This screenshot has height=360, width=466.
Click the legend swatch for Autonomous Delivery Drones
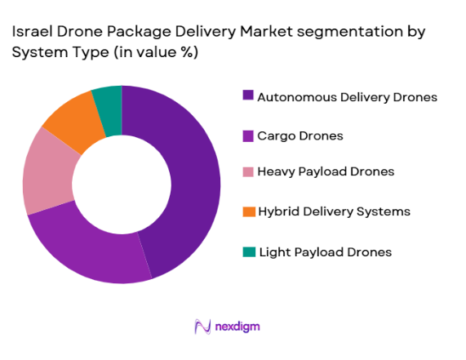pos(248,96)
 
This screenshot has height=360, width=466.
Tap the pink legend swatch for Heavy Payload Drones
pos(248,171)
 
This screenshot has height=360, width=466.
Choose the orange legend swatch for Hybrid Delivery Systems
pos(248,211)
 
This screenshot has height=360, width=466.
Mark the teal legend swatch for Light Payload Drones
pos(248,251)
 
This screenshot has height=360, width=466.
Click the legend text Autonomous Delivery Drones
pos(348,96)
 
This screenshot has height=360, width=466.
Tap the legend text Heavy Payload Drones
pos(326,171)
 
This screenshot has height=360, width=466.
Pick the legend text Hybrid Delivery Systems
pos(334,211)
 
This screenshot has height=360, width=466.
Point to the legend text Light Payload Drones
pos(324,251)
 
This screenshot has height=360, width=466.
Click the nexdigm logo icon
pos(202,327)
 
